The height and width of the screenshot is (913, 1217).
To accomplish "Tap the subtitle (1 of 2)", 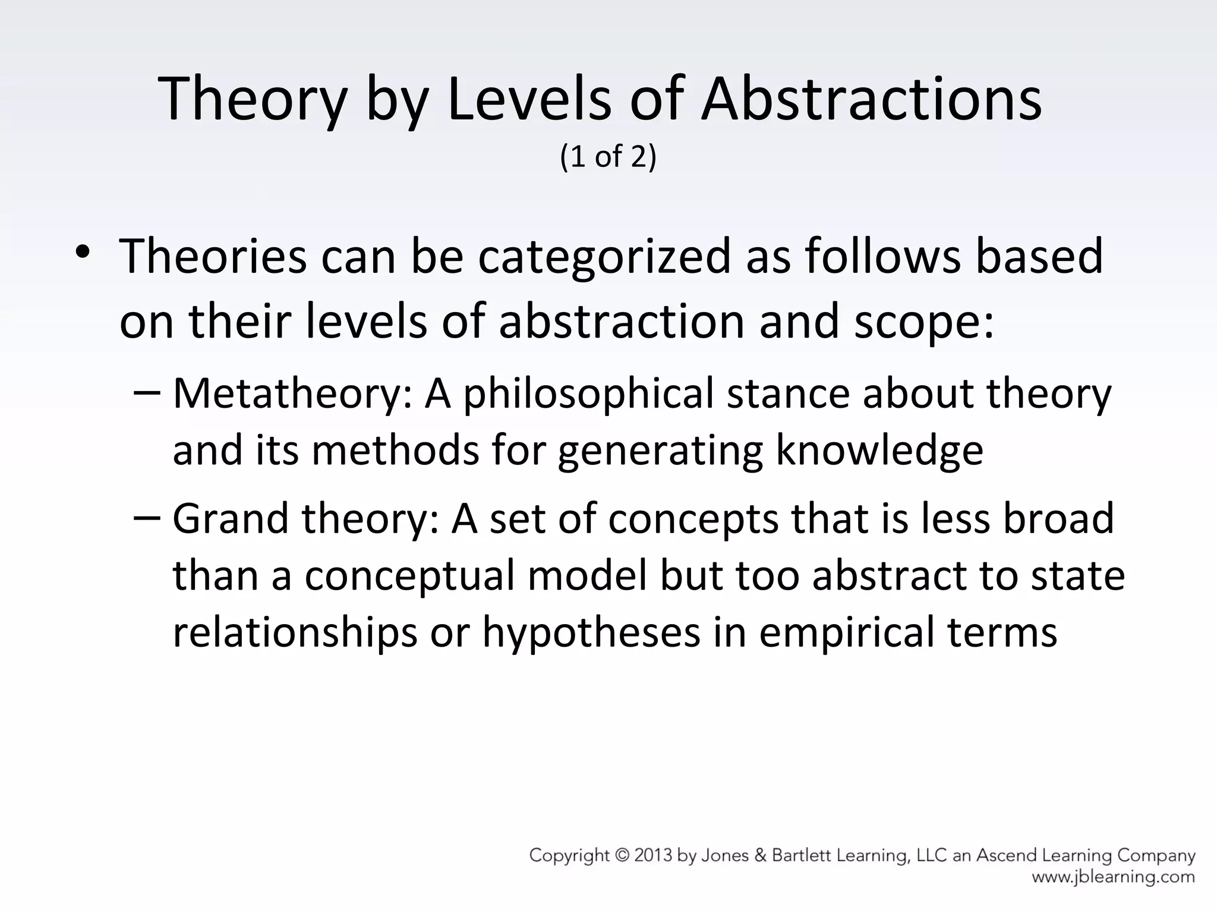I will coord(608,156).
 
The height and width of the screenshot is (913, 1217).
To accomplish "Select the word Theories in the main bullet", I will coord(213,256).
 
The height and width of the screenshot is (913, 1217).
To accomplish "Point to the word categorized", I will coord(604,257).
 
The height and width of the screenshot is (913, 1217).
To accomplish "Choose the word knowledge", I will coord(879,450).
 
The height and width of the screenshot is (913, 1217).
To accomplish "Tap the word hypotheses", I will coord(592,632).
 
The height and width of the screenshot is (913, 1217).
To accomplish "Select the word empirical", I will coord(846,632).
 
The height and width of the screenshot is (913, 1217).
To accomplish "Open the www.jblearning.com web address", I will coord(1113,877).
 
